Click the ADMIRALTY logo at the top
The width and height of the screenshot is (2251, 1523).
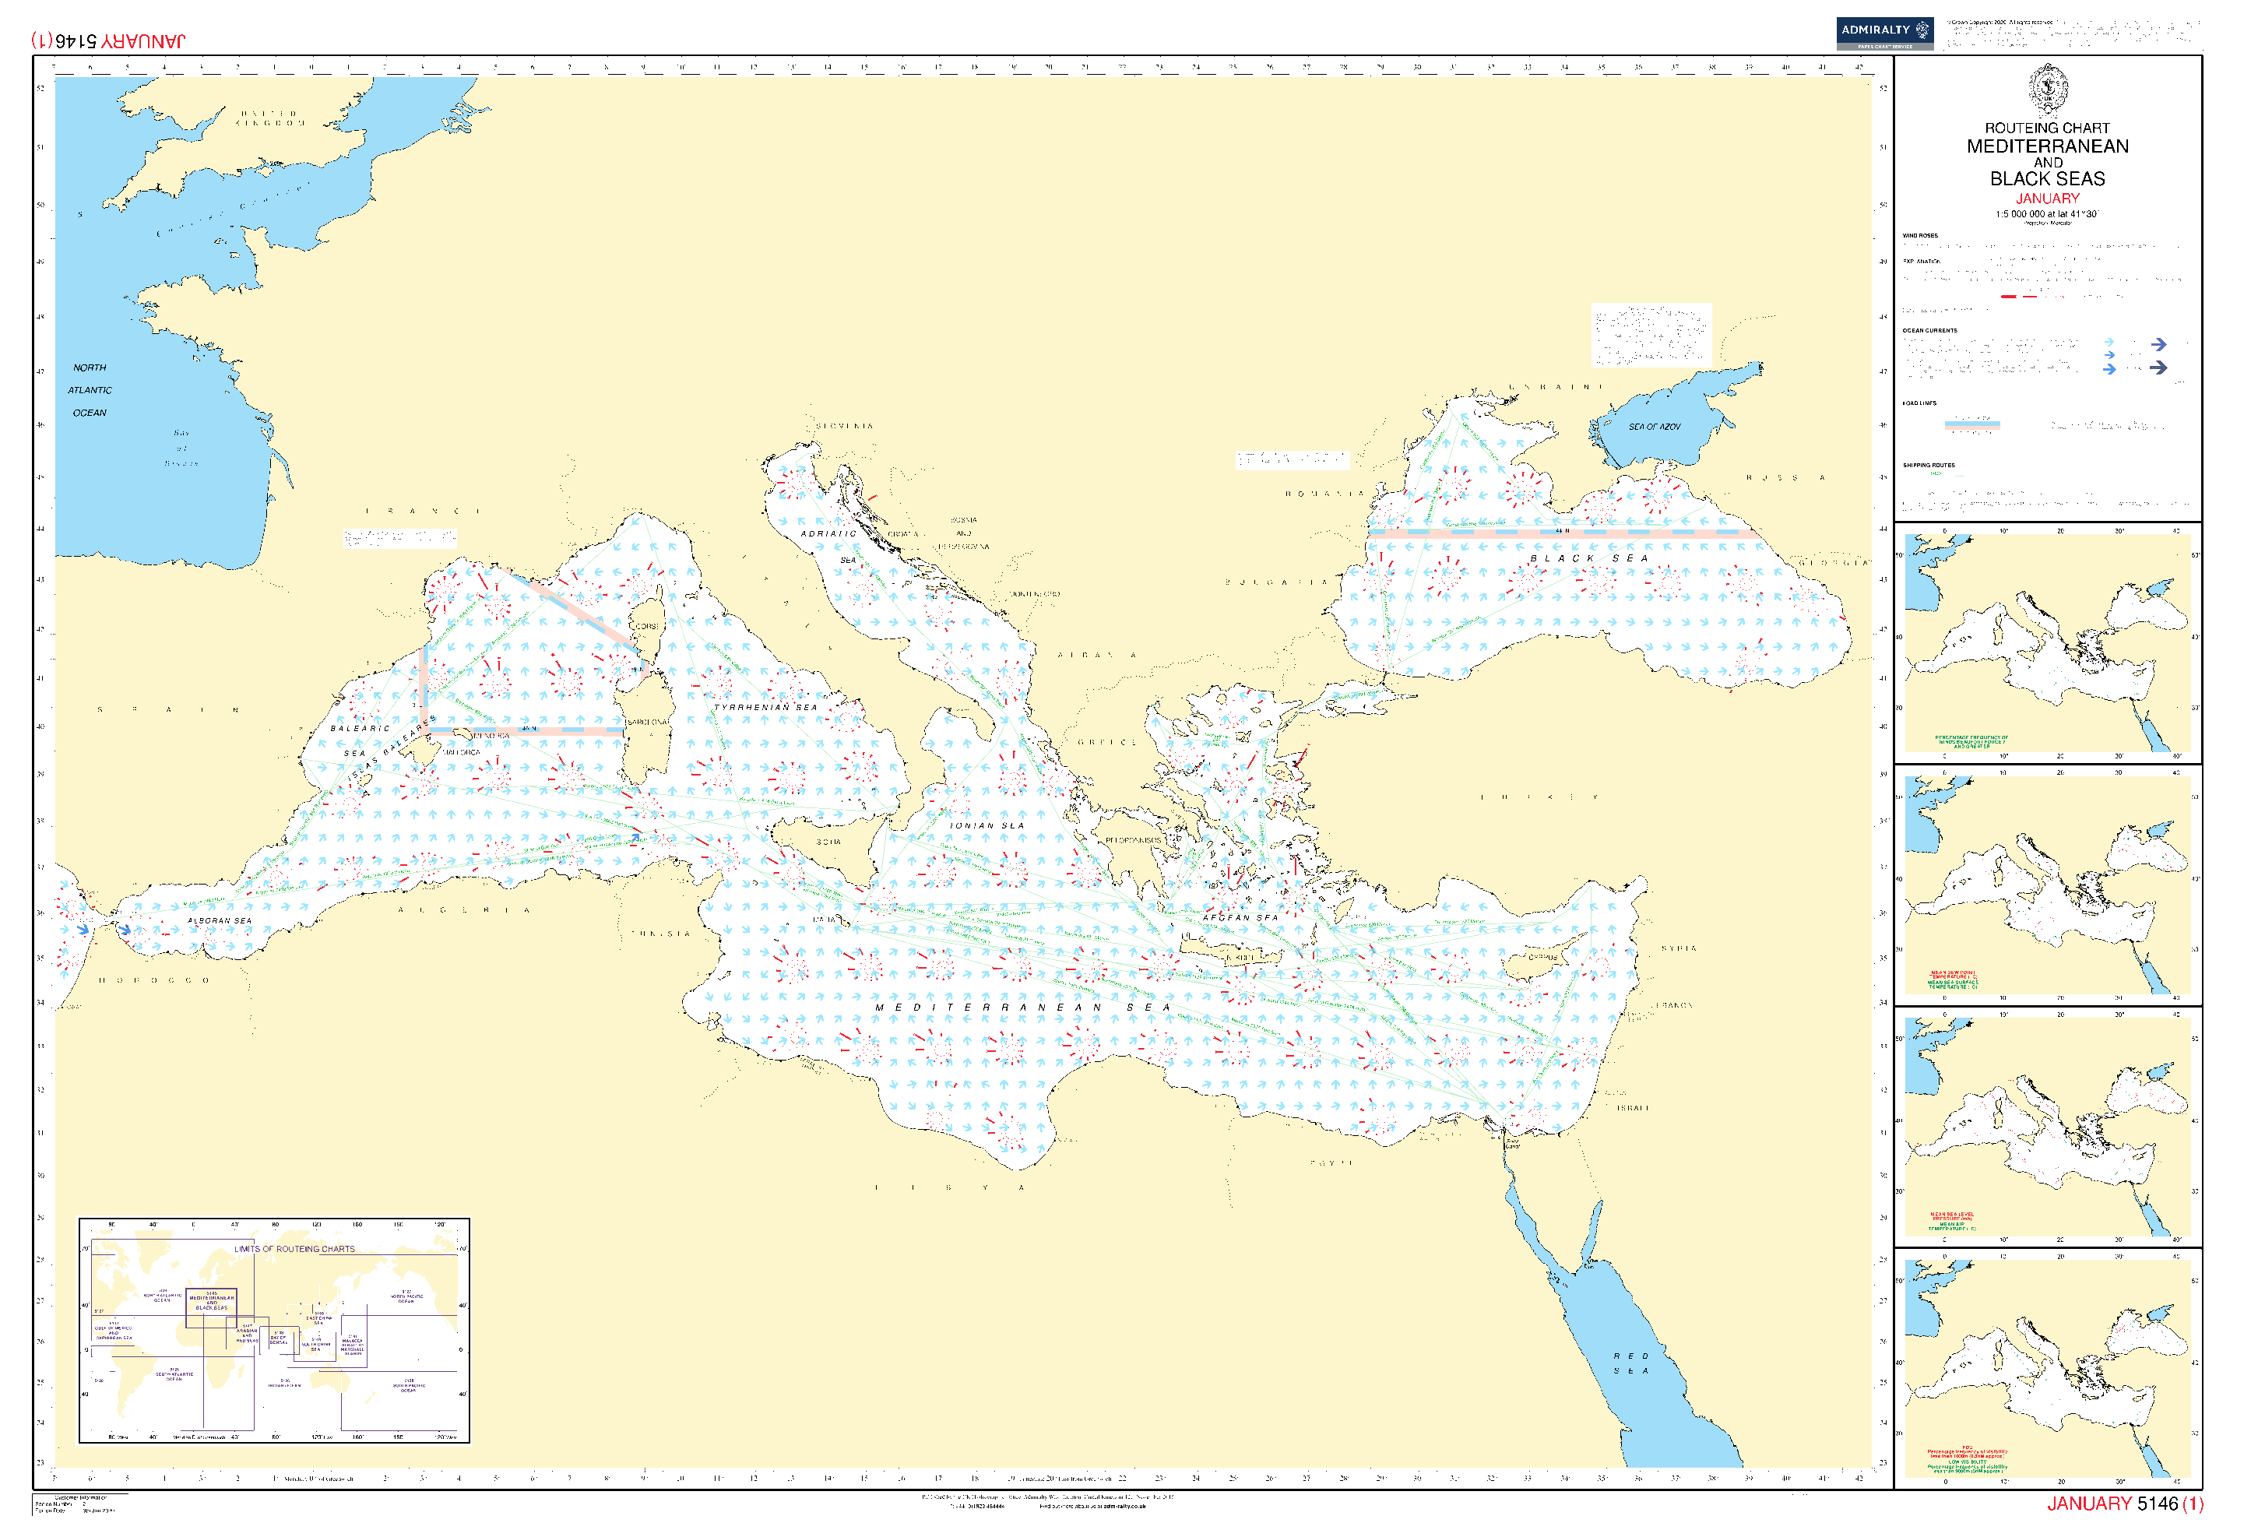tap(1884, 32)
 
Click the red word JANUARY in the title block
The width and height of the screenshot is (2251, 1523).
tap(2047, 198)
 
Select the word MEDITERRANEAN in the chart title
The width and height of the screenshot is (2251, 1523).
tap(2047, 146)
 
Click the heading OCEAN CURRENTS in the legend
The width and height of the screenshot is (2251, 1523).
tap(1929, 330)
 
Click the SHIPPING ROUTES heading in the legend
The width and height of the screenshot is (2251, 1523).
tap(1928, 465)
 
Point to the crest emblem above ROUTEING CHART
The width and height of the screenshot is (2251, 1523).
tap(2048, 89)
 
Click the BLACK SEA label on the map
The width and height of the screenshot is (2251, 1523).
tap(1588, 558)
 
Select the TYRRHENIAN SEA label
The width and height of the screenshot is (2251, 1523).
tap(765, 707)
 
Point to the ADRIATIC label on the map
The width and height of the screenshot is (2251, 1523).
tap(828, 534)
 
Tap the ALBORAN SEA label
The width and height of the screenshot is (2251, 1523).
tap(219, 920)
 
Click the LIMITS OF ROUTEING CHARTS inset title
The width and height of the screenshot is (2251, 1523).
tap(294, 1249)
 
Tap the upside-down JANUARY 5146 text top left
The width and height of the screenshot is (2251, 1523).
tap(107, 40)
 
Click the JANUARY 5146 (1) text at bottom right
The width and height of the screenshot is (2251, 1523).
tap(2124, 1503)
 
